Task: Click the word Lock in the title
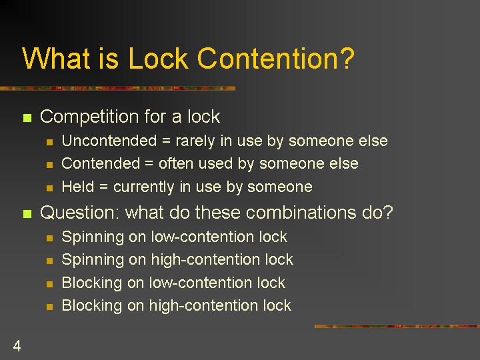158,58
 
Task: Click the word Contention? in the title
275,58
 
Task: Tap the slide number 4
17,346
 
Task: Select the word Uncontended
109,141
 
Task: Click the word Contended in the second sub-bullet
101,163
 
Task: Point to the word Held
78,186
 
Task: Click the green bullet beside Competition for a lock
27,117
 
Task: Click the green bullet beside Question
27,213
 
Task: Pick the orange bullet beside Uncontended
49,142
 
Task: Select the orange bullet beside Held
49,187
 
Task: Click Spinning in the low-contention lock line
93,237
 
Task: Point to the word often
176,163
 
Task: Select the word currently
143,187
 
